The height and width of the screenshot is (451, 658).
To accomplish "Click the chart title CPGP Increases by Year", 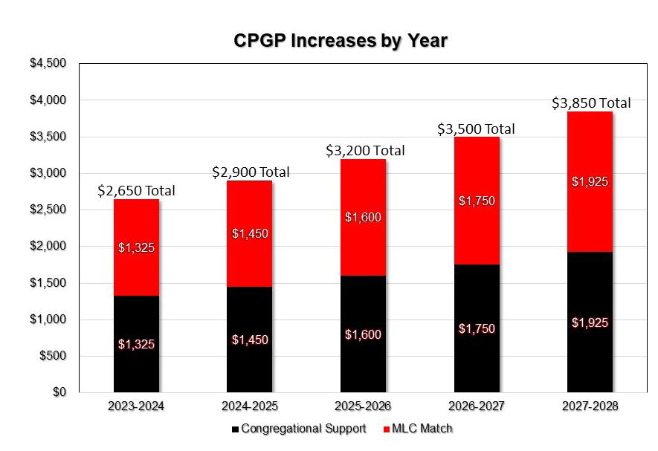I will [x=341, y=40].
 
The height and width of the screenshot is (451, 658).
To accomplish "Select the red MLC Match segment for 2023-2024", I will [x=136, y=223].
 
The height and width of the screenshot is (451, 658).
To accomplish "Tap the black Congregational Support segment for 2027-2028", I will [x=590, y=297].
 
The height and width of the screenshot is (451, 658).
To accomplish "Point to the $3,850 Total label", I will [x=591, y=103].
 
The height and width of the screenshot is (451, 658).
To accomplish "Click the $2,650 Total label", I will [x=136, y=191].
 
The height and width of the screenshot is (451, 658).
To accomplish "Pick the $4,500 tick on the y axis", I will [x=48, y=63].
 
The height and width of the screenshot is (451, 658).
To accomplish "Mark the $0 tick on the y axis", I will [x=58, y=392].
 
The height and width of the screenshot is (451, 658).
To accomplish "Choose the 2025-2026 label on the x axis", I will [x=363, y=406].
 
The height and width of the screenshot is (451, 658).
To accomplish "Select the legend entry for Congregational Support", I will [x=300, y=429].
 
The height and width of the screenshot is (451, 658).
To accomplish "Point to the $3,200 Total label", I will [x=365, y=151].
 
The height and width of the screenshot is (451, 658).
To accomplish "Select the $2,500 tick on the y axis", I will [x=48, y=210].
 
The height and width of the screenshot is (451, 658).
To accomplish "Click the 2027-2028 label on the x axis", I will [x=590, y=406].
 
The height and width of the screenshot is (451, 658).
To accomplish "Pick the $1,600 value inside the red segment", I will [x=363, y=218].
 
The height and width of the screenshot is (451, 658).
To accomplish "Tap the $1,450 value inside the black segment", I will [x=250, y=340].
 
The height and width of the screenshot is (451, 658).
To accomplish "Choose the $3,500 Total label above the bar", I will [x=475, y=129].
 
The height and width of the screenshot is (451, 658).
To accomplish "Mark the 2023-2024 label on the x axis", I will [x=136, y=406].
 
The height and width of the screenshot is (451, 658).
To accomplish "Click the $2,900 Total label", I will [x=251, y=172].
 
